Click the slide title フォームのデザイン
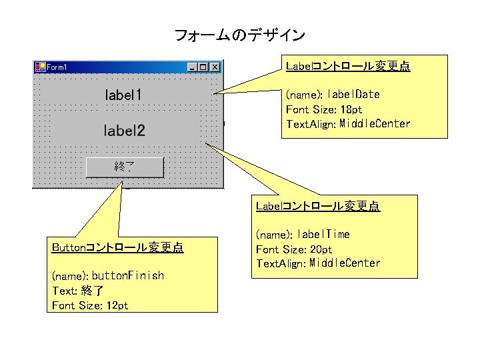pos(239,35)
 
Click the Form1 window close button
pos(215,67)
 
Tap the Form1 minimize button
pos(193,67)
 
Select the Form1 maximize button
pos(204,67)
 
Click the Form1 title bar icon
pos(39,67)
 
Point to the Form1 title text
pos(57,67)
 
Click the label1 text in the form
pos(123,95)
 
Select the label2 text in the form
pos(124,130)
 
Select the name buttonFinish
pos(127,276)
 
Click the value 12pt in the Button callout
pos(117,305)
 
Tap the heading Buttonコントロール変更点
pos(117,248)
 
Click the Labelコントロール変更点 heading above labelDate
pos(347,66)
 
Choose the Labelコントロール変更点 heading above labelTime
pos(318,206)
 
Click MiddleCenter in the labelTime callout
pos(345,263)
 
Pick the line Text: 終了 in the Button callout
pos(77,291)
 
